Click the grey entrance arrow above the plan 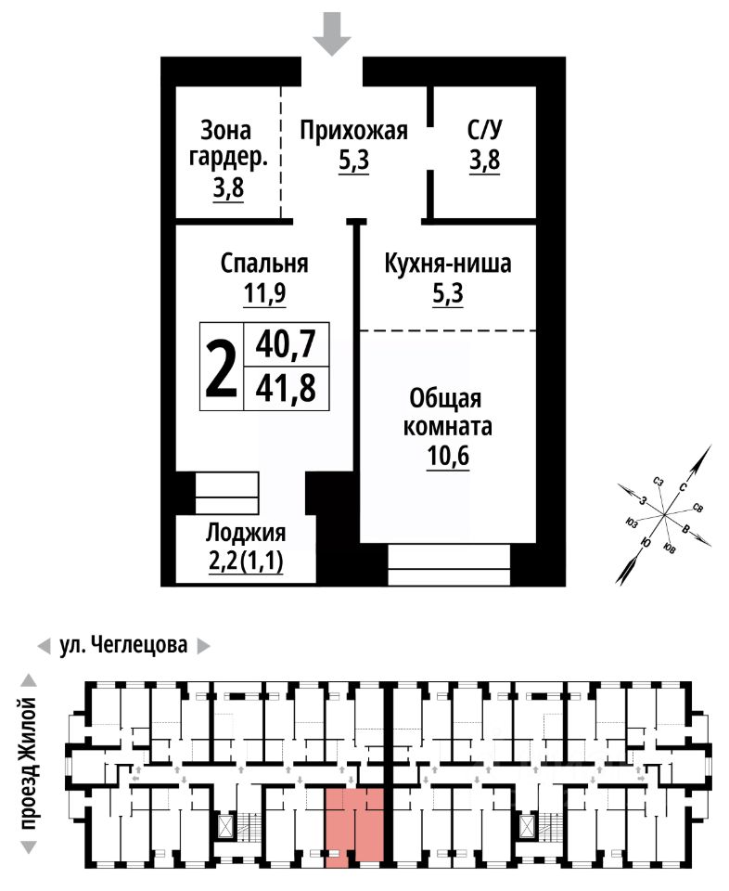(332, 34)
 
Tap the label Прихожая (353, 131)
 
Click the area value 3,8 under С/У (484, 160)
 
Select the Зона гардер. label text (227, 144)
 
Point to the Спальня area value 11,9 (264, 293)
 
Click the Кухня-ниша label (448, 263)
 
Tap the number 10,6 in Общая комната (448, 457)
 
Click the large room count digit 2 (221, 367)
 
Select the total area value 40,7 (286, 343)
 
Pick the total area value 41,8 (286, 389)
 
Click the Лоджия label (246, 533)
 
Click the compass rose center (664, 514)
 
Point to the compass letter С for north (683, 486)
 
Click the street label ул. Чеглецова (123, 645)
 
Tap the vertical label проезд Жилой (29, 764)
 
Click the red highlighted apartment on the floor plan (354, 823)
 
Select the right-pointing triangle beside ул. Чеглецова (203, 647)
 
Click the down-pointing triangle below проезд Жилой (29, 847)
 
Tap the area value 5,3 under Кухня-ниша (448, 293)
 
